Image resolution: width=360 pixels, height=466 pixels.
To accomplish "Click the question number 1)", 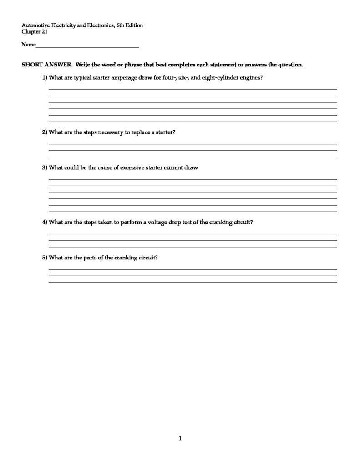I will [45, 78].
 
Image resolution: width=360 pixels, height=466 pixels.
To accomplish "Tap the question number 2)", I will [45, 132].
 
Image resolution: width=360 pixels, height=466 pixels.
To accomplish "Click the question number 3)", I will [45, 167].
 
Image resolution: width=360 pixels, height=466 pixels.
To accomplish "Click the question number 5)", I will [45, 258].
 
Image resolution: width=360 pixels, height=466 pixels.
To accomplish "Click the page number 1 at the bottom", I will [180, 439].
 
